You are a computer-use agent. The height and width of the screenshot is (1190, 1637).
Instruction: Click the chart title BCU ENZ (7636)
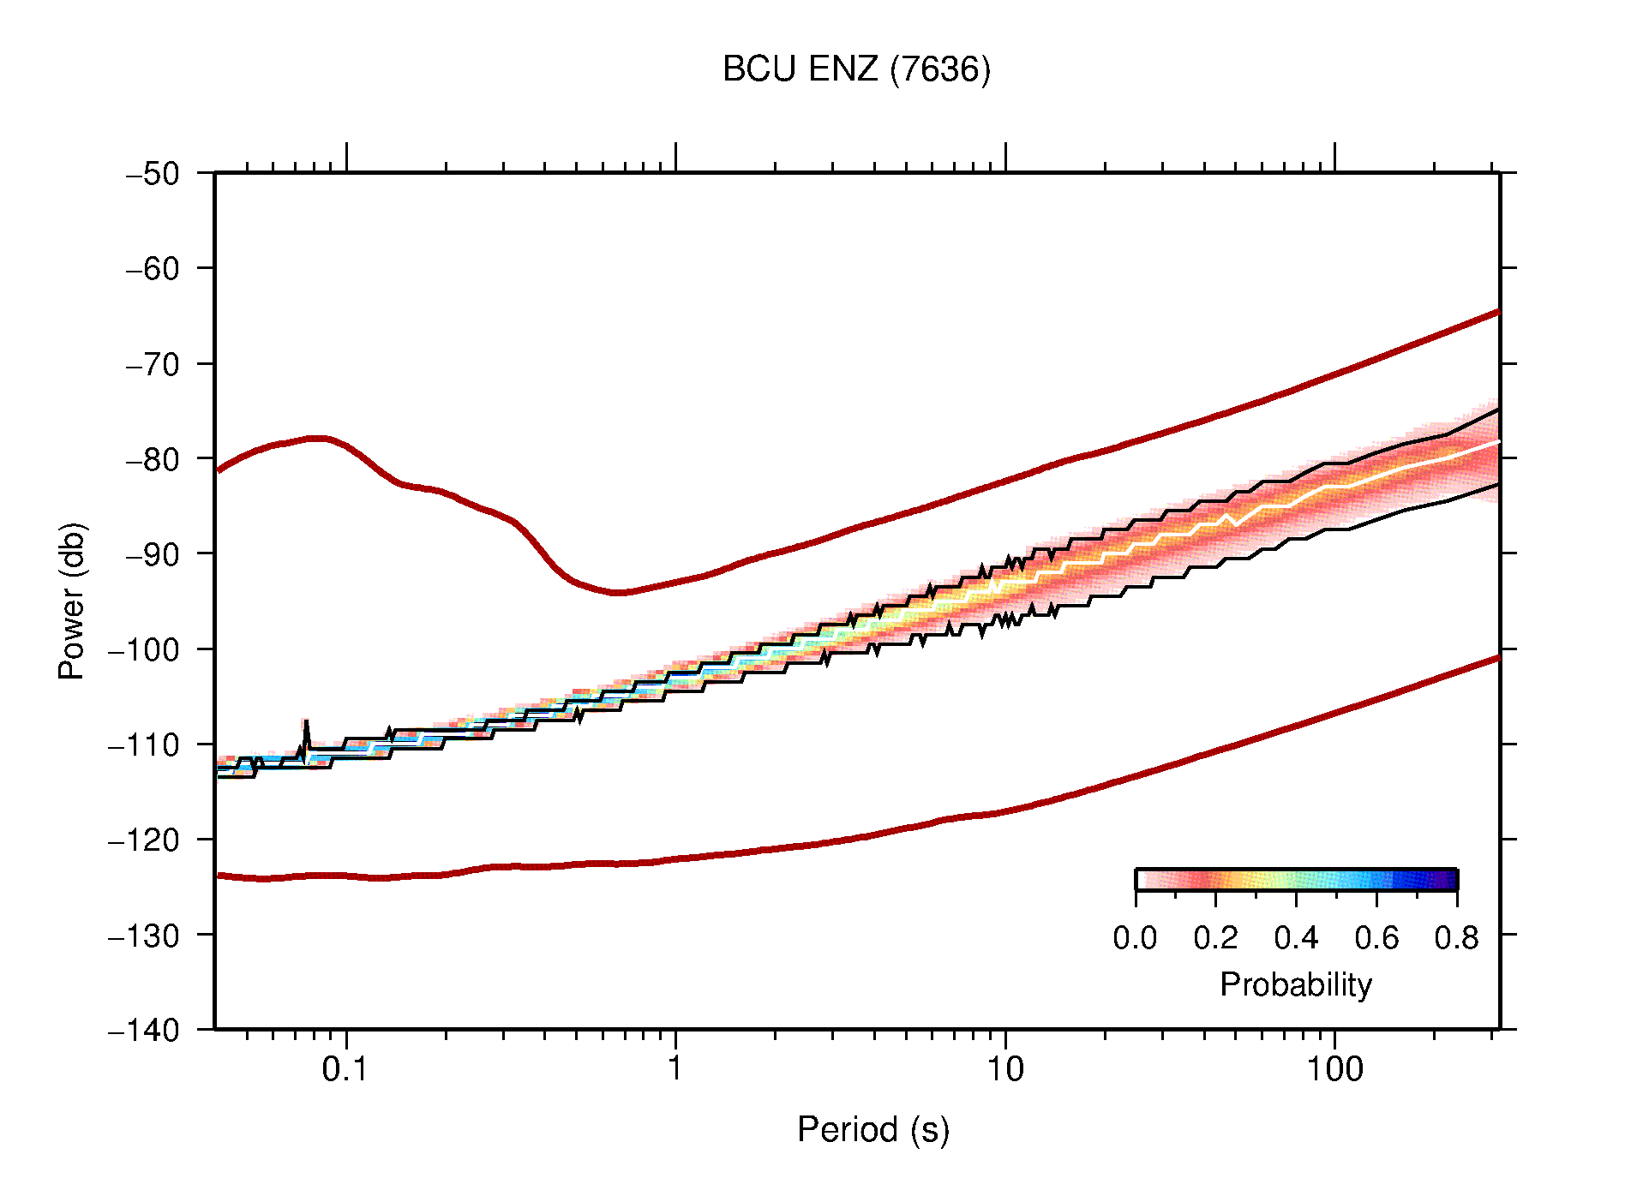856,69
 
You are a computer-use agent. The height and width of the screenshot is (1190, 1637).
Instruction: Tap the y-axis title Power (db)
72,601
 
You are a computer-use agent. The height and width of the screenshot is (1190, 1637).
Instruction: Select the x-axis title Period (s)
872,1129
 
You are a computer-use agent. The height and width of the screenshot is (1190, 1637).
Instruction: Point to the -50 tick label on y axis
153,174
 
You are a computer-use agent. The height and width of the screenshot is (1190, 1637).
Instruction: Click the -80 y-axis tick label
153,459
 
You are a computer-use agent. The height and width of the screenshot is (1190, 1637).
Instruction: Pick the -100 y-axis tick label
144,649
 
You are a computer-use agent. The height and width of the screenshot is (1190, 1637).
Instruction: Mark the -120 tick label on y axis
144,840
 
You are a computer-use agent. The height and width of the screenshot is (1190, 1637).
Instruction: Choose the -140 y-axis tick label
144,1030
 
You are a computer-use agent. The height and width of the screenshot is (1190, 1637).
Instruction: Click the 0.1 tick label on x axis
345,1069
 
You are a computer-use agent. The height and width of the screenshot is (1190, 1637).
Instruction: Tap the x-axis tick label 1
675,1069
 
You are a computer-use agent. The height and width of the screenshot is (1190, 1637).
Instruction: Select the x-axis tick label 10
1004,1069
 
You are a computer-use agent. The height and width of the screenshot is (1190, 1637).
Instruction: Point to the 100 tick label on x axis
1334,1069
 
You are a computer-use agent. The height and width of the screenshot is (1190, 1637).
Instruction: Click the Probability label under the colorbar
1295,984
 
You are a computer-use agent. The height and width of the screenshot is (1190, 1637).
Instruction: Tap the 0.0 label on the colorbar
1135,938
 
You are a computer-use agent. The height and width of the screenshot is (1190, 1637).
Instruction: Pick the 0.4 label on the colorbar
1296,938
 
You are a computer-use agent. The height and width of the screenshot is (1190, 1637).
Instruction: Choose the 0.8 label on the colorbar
1456,938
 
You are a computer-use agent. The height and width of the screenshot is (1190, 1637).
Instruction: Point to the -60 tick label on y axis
153,269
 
